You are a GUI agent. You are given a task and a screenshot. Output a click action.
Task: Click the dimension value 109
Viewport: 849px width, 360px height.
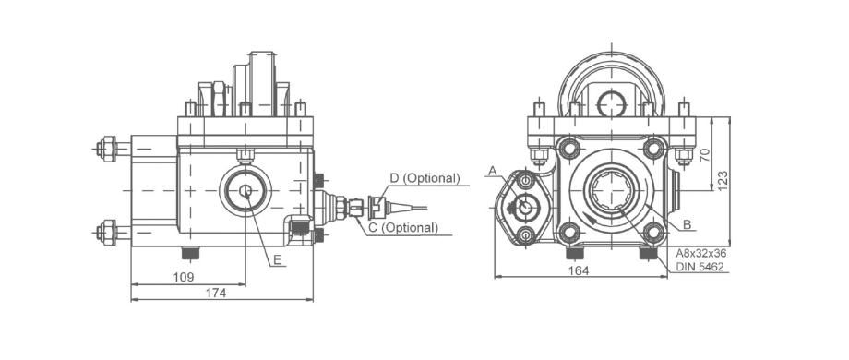184,277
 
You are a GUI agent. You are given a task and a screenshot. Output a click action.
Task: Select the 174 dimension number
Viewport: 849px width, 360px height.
216,293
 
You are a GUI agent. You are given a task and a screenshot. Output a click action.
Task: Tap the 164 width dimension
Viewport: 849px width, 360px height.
579,270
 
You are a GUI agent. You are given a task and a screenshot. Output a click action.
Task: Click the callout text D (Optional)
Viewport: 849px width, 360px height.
424,178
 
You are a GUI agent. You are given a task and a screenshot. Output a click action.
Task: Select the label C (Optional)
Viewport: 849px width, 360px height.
403,228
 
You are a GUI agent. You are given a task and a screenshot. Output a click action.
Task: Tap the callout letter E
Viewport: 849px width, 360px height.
277,260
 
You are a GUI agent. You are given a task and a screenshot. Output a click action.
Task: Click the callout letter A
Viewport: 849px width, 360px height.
492,171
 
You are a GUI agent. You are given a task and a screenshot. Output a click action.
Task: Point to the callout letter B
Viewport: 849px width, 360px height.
687,223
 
